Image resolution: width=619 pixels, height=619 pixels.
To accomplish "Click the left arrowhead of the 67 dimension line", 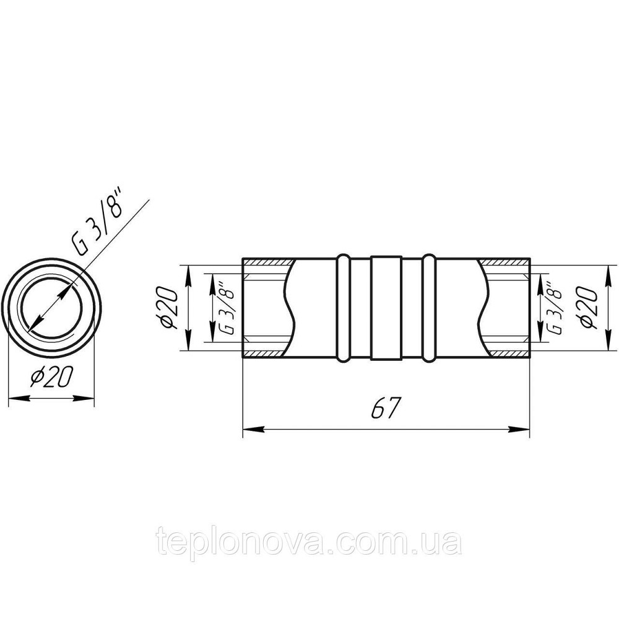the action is click(253, 429).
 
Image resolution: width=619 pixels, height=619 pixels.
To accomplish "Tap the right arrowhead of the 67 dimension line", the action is click(519, 429).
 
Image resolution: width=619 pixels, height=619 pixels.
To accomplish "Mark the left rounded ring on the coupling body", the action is click(343, 308).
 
